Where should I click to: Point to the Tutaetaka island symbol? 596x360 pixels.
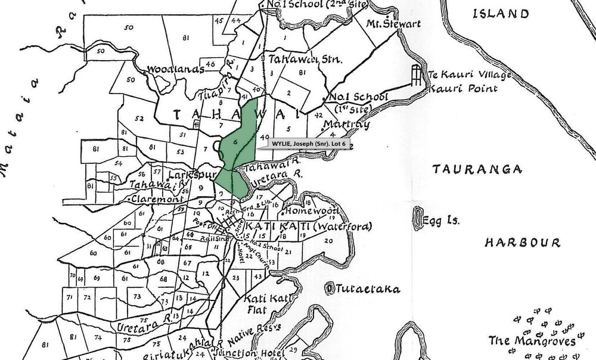coord(328,288)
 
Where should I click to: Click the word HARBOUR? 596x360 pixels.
coord(522,243)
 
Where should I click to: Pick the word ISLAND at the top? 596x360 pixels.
coord(500,14)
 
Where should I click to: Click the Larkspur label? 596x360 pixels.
coord(187,176)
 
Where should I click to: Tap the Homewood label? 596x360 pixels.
coord(312,212)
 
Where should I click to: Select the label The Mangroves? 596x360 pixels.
coord(532,341)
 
